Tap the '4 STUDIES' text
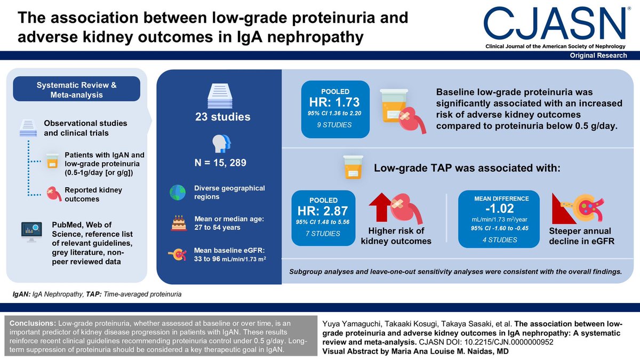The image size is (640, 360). point(499,239)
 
